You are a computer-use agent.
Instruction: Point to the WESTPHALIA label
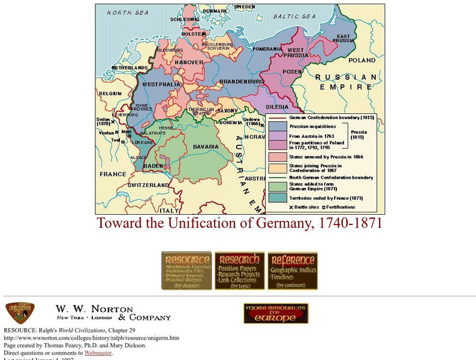click(161, 84)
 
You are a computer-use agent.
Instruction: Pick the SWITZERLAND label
click(147, 185)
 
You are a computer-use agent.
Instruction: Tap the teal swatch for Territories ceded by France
click(277, 197)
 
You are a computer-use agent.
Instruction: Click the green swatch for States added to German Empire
click(277, 187)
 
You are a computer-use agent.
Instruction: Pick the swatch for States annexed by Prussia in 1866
click(277, 157)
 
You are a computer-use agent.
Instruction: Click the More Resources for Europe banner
click(276, 314)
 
